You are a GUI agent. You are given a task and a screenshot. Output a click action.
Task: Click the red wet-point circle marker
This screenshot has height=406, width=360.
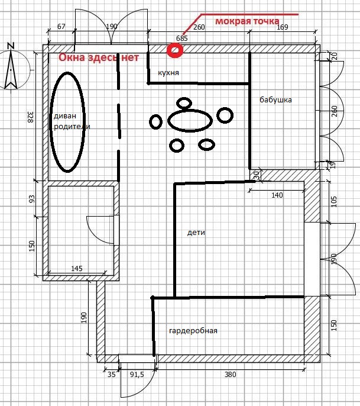[175, 51]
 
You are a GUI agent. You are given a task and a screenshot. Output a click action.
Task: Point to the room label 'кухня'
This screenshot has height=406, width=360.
[168, 73]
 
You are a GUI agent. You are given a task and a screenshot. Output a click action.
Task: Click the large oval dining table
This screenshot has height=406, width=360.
[190, 121]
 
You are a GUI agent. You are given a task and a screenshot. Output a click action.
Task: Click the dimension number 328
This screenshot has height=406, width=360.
[31, 117]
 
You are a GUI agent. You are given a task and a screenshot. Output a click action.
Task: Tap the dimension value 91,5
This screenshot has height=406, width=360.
[137, 374]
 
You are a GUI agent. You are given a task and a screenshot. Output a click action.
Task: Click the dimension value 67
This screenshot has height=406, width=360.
[60, 27]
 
